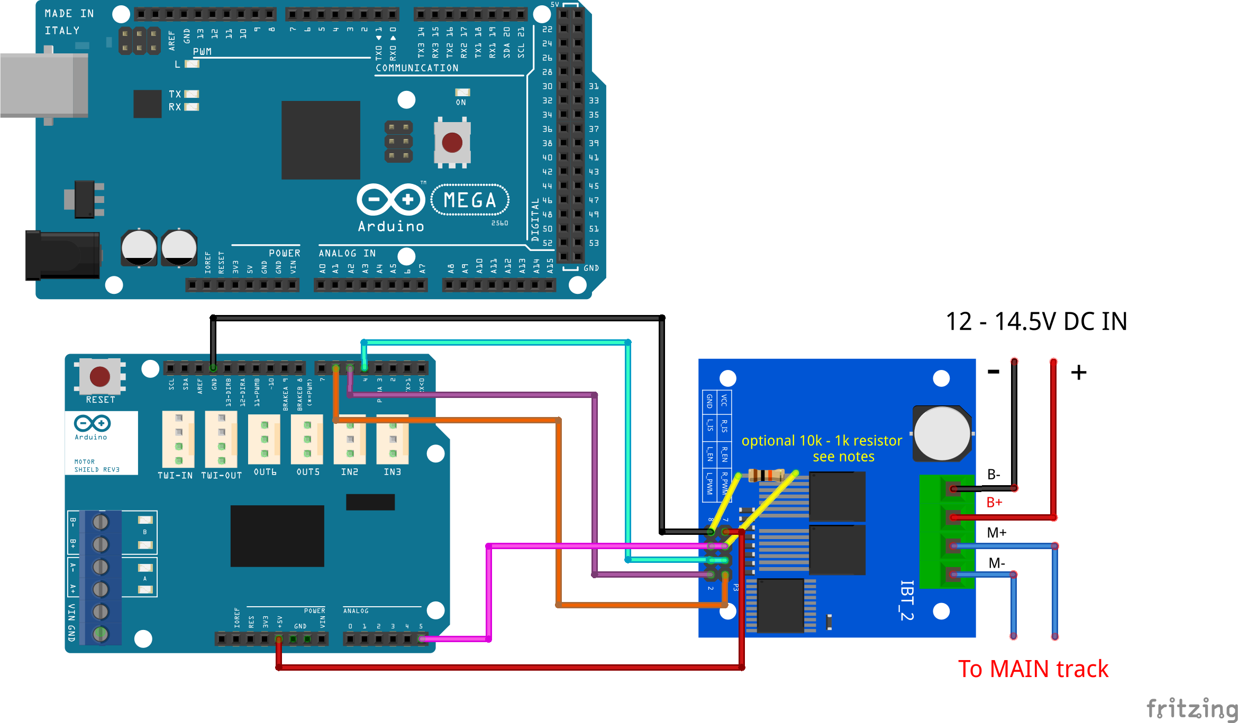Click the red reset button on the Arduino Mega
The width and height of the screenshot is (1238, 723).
(452, 142)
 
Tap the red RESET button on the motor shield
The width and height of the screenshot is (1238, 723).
(100, 376)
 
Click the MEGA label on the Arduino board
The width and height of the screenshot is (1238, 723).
(470, 200)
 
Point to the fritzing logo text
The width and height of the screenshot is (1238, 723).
(1192, 708)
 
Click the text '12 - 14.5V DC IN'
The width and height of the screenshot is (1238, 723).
(1036, 321)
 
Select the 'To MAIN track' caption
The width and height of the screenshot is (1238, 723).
(1033, 669)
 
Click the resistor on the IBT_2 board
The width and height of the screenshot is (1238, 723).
(766, 475)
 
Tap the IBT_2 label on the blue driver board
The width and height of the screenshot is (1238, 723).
(907, 600)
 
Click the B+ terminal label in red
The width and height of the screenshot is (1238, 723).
(994, 503)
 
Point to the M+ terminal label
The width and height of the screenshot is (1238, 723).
(996, 533)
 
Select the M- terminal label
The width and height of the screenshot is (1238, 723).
(996, 563)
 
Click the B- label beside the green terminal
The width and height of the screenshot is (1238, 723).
(994, 475)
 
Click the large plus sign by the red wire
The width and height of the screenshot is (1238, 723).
(1078, 373)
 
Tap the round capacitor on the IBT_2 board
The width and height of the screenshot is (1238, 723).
(942, 433)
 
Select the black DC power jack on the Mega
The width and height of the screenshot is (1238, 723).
(62, 255)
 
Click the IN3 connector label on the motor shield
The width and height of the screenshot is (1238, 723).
(392, 472)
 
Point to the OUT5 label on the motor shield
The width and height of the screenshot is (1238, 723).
(308, 472)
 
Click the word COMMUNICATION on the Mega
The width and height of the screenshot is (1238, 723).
(417, 68)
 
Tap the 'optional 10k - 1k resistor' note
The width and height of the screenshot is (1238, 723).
(821, 441)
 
